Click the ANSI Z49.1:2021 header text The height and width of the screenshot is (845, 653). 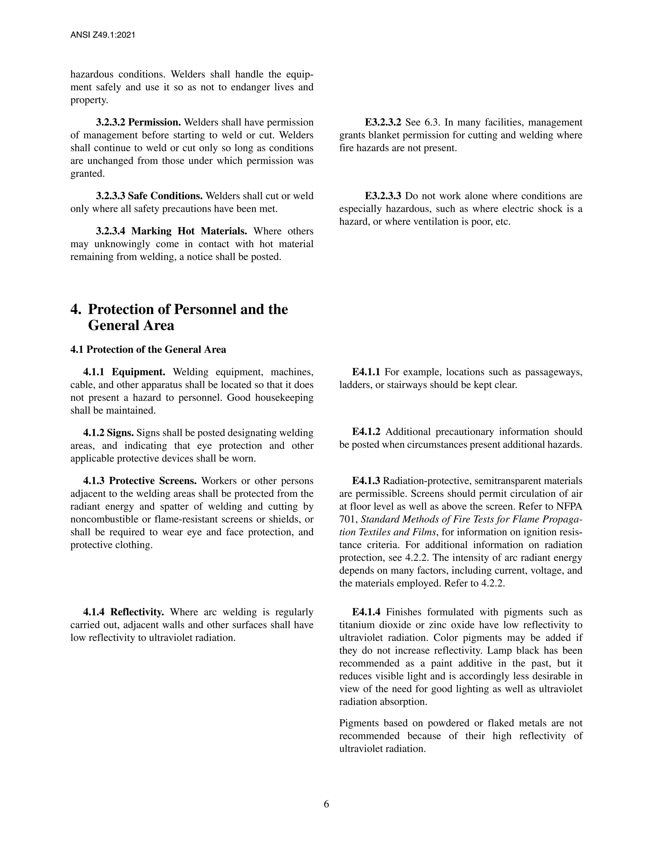(x=103, y=35)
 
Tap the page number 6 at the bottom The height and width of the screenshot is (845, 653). (x=326, y=804)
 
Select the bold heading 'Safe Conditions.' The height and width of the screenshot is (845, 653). (x=165, y=196)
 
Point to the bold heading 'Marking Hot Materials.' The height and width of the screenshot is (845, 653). (x=189, y=231)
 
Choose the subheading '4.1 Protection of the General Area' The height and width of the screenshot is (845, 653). (x=148, y=349)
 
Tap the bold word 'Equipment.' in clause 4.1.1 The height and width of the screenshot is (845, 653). (x=138, y=372)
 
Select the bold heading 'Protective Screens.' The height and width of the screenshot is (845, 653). (x=153, y=481)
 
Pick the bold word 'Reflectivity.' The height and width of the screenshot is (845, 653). (x=137, y=612)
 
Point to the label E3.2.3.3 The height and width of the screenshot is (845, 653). (x=383, y=196)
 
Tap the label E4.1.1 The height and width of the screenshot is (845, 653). (x=366, y=372)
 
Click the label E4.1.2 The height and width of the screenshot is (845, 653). (x=366, y=432)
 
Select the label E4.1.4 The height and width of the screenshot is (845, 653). (x=366, y=612)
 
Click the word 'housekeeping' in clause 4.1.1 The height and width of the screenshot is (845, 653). (x=284, y=398)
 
